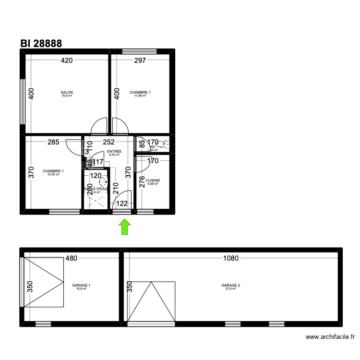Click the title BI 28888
point(41,43)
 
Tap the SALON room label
point(67,92)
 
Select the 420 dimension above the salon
point(66,60)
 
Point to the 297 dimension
point(139,60)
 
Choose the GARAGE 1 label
point(81,285)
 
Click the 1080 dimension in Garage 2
point(230,258)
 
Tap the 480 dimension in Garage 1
point(71,258)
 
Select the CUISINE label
point(153,180)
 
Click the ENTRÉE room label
point(114,151)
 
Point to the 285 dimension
point(53,142)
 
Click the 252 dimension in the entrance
point(109,142)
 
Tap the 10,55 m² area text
point(53,174)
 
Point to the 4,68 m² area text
point(153,184)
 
